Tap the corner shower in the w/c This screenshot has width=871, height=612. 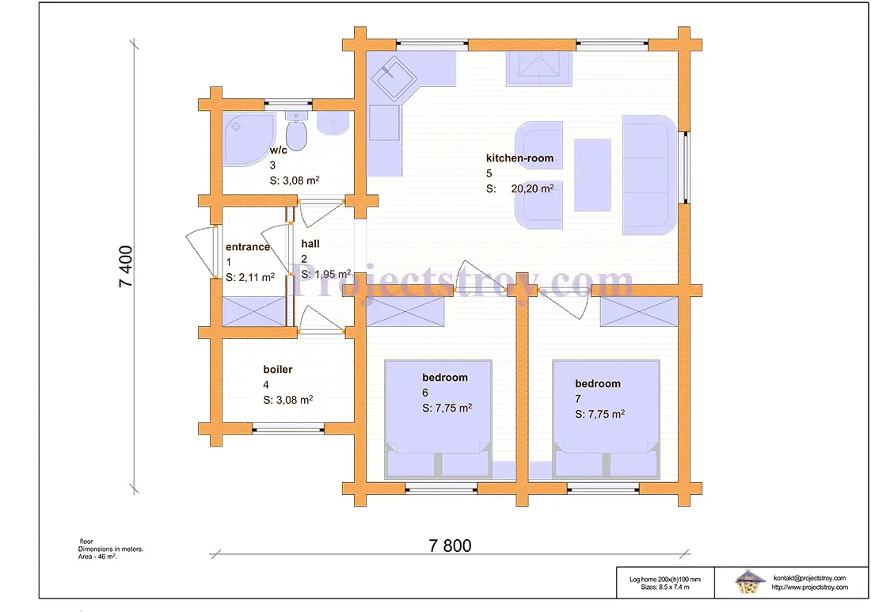[245, 139]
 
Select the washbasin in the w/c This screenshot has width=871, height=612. [333, 123]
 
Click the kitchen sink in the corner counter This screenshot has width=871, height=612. [394, 78]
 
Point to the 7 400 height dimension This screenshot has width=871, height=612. [126, 267]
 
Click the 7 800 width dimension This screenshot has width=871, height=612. [450, 546]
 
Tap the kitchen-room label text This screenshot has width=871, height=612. [519, 158]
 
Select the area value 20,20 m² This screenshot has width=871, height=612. [532, 188]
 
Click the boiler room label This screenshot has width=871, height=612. [278, 369]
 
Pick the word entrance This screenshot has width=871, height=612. [248, 247]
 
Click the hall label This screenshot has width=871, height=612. [310, 243]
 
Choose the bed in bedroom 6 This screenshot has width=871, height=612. [439, 420]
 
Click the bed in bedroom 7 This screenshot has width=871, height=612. [606, 420]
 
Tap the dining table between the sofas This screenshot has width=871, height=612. [593, 175]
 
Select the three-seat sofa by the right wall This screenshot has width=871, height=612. [649, 175]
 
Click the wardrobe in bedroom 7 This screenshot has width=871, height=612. [639, 312]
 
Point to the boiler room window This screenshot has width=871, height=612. [288, 428]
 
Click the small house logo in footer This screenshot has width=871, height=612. [749, 582]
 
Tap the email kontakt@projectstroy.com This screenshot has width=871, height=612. [809, 578]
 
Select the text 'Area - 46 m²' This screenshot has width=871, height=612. [97, 557]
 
